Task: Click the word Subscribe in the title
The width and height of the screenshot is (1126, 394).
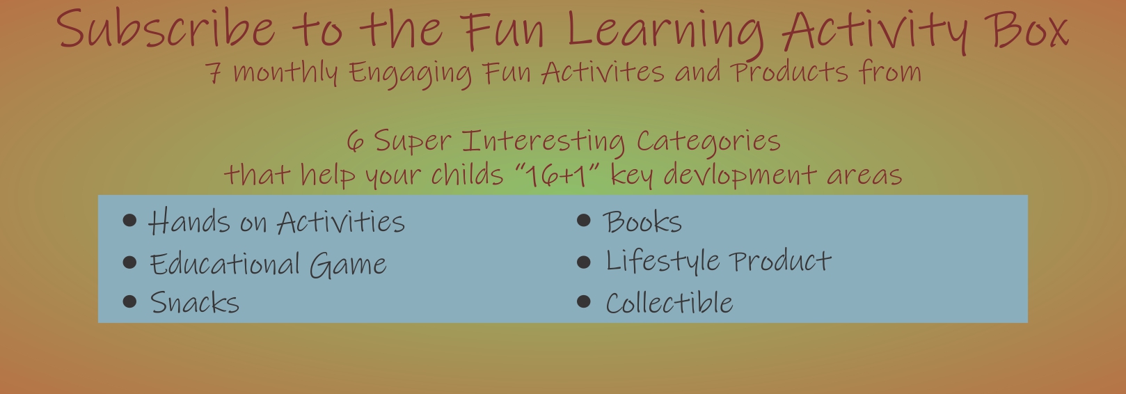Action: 166,28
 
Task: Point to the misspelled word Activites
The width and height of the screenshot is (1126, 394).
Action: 603,72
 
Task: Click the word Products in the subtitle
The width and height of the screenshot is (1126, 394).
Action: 789,72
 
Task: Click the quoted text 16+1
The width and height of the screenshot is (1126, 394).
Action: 558,176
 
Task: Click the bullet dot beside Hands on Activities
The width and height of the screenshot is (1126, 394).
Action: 129,221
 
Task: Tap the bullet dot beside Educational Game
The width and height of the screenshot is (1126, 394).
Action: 129,262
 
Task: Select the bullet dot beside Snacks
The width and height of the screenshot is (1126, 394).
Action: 129,301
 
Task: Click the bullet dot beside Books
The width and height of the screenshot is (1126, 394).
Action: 584,220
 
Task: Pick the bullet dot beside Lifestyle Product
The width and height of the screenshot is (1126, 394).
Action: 584,262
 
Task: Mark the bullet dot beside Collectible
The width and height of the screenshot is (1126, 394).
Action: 584,301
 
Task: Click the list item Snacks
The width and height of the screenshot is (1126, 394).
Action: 195,303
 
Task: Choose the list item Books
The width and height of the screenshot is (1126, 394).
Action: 642,221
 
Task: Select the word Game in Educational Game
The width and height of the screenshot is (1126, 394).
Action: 348,265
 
